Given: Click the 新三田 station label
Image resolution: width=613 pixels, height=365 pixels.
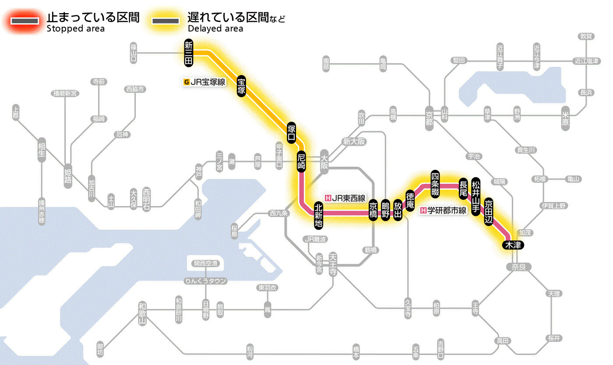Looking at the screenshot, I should [189, 53].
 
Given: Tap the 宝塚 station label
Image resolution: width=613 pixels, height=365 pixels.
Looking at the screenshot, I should [242, 86].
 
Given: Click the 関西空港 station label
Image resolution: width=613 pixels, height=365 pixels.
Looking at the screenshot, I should [206, 263].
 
